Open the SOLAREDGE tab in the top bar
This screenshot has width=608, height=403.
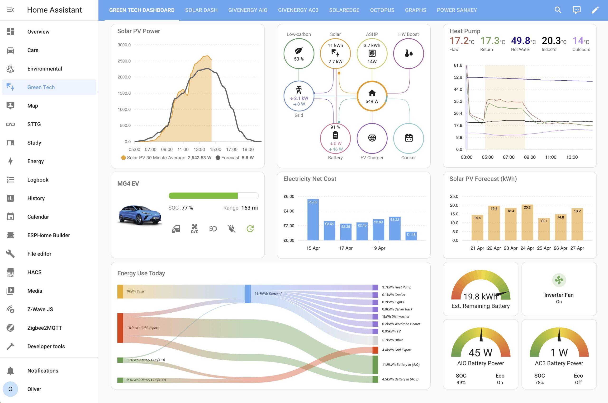coord(344,10)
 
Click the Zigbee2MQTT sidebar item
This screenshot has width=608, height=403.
coord(44,328)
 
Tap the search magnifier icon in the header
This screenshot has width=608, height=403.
coord(558,10)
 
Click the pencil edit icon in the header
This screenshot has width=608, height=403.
coord(595,10)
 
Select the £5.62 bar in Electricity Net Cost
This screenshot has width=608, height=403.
coord(313,220)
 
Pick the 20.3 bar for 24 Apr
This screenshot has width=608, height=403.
coord(527,222)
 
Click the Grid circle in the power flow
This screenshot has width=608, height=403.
coord(299,96)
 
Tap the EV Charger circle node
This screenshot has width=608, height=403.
coord(372,138)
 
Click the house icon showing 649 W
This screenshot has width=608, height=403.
coord(372,93)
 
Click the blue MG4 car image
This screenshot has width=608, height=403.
coord(140,215)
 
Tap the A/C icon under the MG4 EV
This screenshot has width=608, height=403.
coord(194,228)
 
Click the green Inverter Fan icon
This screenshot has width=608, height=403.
coord(559,280)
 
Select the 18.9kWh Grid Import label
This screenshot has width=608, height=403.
coord(142,328)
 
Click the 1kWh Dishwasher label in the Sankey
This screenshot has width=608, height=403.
coord(395,317)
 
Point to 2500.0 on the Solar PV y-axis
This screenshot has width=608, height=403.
coord(124,61)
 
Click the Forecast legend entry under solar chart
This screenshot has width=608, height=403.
coord(235,157)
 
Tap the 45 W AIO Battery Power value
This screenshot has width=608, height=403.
coord(480,352)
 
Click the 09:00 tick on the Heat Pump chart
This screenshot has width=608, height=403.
coord(530,157)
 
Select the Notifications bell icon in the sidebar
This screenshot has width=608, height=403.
coord(10,371)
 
